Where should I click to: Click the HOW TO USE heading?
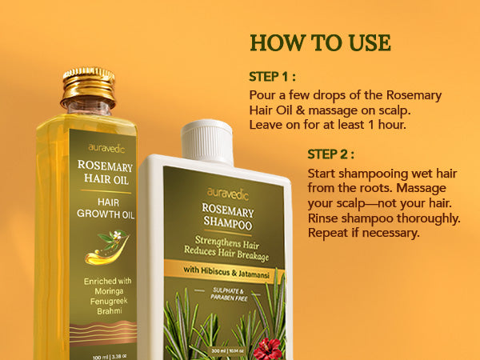[320, 42]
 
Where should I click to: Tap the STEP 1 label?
[272, 77]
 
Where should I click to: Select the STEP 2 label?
[330, 154]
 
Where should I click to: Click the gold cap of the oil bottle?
[89, 87]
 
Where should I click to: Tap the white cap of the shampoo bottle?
[207, 142]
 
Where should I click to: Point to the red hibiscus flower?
[267, 349]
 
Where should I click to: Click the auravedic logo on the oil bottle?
[106, 149]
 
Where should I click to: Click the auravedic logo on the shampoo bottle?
[228, 194]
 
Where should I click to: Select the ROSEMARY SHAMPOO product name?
[228, 217]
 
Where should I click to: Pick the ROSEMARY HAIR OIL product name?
[106, 173]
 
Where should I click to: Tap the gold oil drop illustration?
[106, 247]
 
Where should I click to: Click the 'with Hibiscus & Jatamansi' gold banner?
[225, 271]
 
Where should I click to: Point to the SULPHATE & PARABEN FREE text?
[229, 294]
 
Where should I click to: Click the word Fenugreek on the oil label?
[109, 302]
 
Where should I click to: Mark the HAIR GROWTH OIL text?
[106, 208]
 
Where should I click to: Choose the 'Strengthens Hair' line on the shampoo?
[227, 242]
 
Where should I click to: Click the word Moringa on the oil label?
[109, 291]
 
